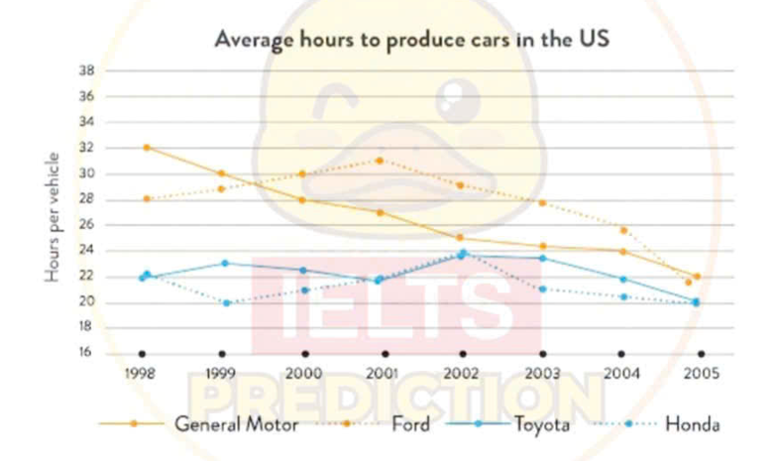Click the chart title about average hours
click(x=411, y=40)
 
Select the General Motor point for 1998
click(x=147, y=148)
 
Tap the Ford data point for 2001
click(x=380, y=161)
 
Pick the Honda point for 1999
click(x=227, y=303)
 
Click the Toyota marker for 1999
click(x=225, y=263)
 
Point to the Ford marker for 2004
click(x=624, y=230)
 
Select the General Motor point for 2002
click(x=460, y=238)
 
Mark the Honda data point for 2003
click(x=543, y=288)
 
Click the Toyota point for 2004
click(x=623, y=280)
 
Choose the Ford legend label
click(x=410, y=424)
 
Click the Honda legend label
click(x=693, y=424)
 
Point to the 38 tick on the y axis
click(x=86, y=70)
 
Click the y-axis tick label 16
click(x=85, y=352)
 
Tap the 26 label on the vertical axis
click(x=86, y=225)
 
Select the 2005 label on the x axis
click(x=701, y=373)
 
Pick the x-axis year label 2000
click(x=304, y=373)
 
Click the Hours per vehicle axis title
click(x=52, y=217)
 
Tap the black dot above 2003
click(x=543, y=354)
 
